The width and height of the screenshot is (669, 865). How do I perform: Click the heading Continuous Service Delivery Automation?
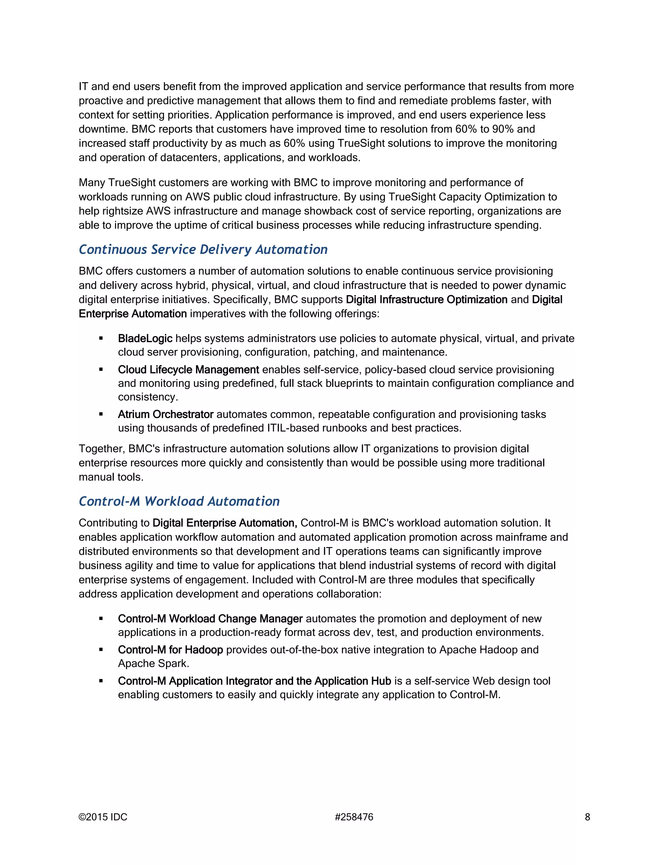point(203,249)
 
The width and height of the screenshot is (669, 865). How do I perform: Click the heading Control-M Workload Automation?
point(179,501)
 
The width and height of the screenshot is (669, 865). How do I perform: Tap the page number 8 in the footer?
point(587,817)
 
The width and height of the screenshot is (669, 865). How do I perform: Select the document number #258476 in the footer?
point(354,817)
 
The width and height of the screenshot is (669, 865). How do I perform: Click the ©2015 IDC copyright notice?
point(103,817)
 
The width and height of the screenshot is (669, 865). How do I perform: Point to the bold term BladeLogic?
point(145,338)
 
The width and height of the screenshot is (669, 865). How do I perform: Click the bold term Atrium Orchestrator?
point(166,415)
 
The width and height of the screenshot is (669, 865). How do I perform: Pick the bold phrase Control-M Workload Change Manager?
point(210,619)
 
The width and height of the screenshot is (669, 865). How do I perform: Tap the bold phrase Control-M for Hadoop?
point(171,650)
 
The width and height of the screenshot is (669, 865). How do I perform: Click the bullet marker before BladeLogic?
point(101,338)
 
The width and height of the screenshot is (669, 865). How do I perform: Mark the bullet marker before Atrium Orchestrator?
point(101,415)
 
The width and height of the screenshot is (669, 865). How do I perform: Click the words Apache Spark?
point(153,664)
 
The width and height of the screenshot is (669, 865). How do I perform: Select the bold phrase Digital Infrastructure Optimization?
point(426,300)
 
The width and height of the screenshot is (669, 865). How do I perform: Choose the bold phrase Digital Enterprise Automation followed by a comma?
point(225,523)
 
